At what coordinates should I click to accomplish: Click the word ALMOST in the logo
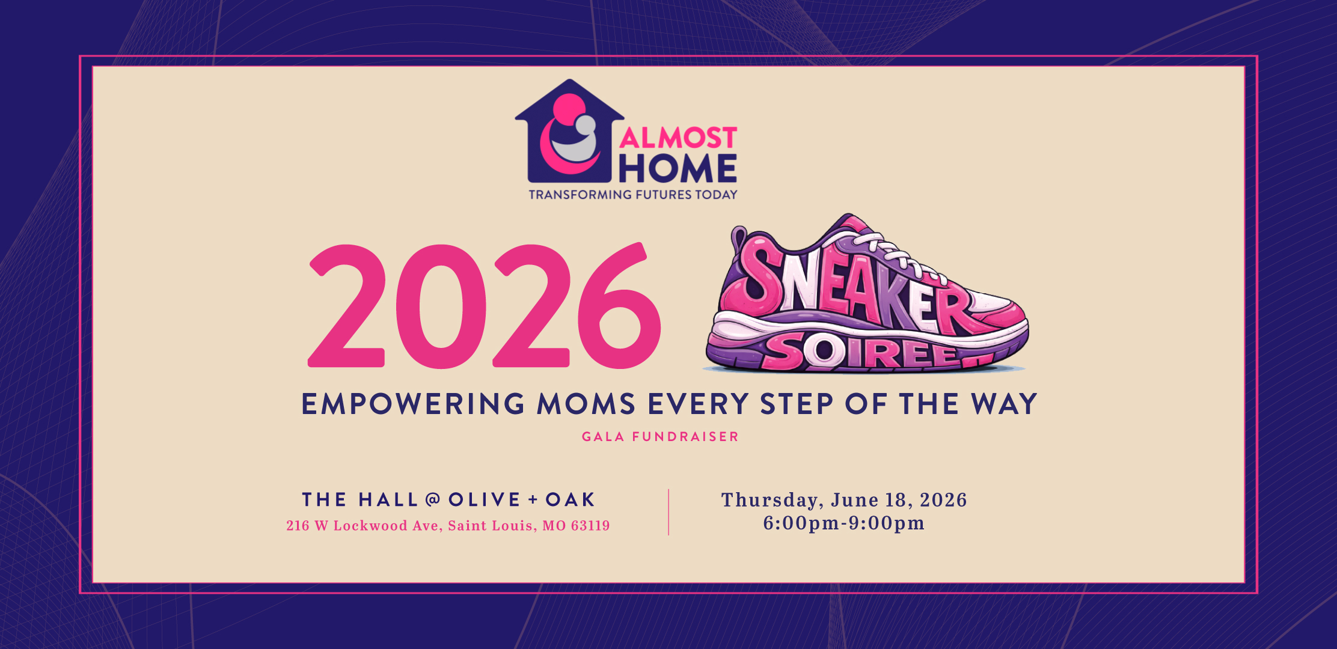point(678,138)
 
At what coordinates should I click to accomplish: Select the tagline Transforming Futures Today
point(633,195)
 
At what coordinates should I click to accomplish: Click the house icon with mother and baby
point(569,132)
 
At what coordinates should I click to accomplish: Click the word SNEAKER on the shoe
point(854,288)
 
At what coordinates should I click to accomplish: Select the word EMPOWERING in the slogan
point(414,404)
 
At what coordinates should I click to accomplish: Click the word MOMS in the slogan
point(586,404)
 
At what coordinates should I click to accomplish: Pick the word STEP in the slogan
point(797,404)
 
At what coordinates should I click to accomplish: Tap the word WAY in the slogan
point(1005,404)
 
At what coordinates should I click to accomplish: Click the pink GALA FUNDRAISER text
point(660,437)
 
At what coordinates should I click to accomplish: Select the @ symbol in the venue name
point(433,499)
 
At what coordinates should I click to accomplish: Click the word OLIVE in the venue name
point(485,499)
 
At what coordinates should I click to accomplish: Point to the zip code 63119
point(590,526)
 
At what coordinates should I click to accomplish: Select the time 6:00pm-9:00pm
point(844,523)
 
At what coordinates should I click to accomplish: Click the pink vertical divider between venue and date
point(668,512)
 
